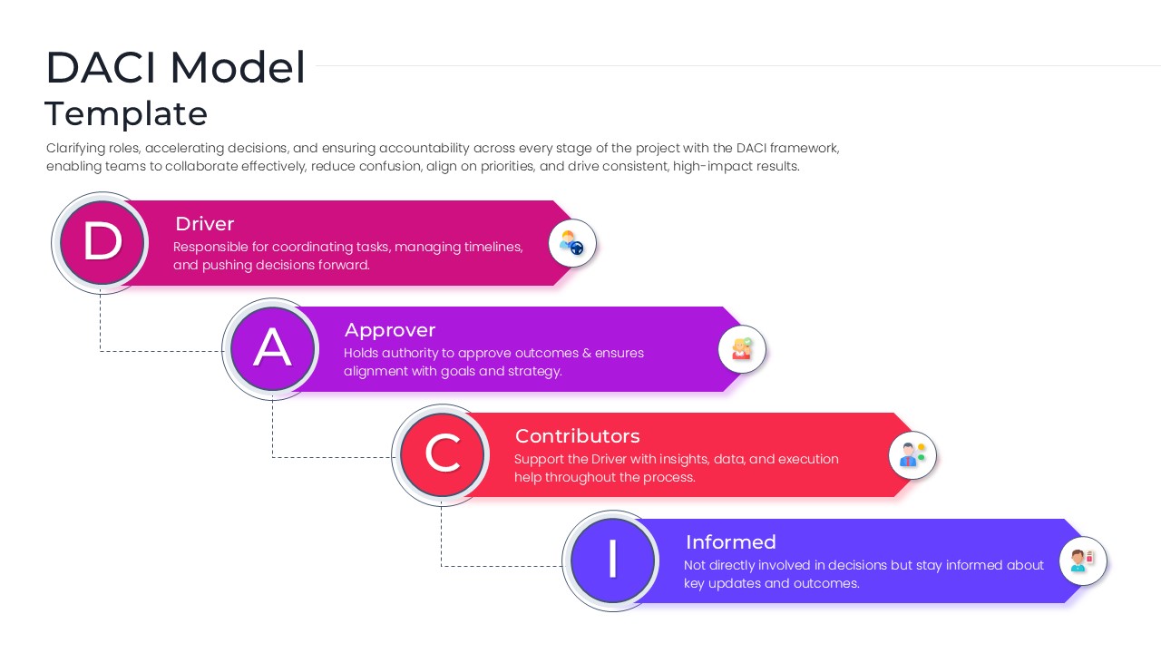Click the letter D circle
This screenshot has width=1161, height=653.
coord(102,242)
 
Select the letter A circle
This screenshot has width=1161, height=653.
coord(272,348)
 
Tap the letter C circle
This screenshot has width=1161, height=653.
coord(443,453)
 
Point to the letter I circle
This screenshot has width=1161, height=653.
coord(612,560)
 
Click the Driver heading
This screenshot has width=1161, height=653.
coord(204,224)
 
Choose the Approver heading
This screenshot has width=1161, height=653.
coord(390,330)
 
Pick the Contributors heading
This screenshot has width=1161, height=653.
coord(577,436)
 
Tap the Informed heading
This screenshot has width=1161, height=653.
coord(730,542)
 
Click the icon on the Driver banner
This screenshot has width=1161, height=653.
coord(572,243)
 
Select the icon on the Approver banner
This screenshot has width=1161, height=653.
coord(742,349)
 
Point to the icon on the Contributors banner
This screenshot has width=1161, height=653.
coord(912,455)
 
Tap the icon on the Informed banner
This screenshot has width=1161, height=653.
coord(1083,560)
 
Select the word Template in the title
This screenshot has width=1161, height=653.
coord(126,114)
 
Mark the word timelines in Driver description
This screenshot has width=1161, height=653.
coord(491,248)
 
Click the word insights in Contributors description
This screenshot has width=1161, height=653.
coord(683,459)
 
